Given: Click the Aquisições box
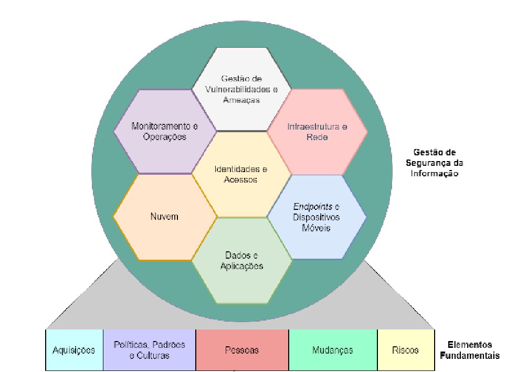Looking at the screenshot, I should click(74, 350).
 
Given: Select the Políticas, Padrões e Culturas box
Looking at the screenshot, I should click(150, 350).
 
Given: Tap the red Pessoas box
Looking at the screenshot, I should click(242, 350).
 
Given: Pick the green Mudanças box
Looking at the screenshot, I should click(333, 350).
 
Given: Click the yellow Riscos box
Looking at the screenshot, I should click(406, 350).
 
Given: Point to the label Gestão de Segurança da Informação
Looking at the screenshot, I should click(435, 163).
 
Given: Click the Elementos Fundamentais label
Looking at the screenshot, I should click(470, 350).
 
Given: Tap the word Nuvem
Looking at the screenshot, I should click(165, 217).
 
